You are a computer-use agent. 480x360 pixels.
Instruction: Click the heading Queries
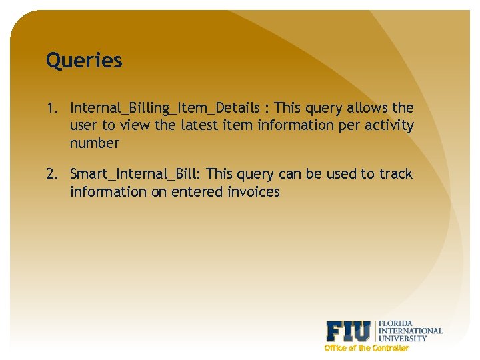tap(84, 61)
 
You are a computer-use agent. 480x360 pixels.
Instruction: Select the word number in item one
tap(94, 143)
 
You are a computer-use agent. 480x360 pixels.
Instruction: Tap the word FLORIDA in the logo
tap(395, 323)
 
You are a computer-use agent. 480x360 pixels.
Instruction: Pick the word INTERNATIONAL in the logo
tap(410, 331)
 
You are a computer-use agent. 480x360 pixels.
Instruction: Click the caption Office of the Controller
tap(366, 348)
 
